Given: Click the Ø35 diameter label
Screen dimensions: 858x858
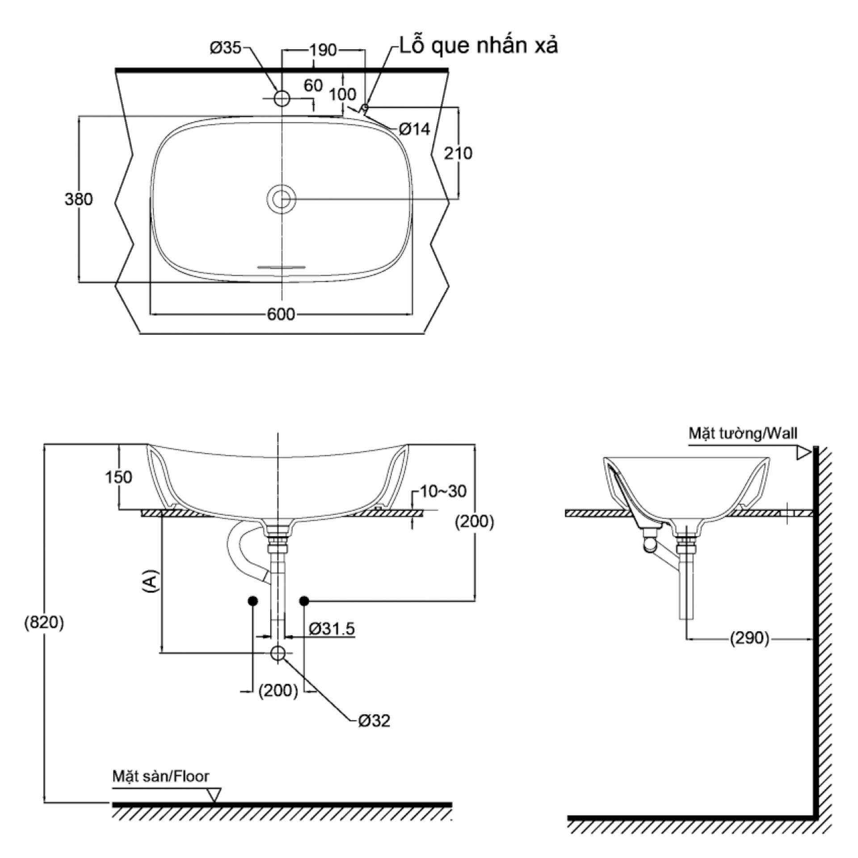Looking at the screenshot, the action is click(226, 47).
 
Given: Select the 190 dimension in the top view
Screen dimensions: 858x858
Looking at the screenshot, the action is click(323, 50).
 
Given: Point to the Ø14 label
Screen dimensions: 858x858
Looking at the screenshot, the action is click(414, 129).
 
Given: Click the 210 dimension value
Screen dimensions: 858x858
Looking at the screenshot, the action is click(458, 153).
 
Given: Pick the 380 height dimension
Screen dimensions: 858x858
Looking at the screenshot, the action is click(79, 199).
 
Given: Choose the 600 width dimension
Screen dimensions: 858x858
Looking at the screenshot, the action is click(281, 315).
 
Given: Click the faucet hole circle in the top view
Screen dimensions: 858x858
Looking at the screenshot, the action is click(282, 98).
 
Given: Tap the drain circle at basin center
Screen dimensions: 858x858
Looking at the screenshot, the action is click(282, 199).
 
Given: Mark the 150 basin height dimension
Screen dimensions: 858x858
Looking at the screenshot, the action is click(118, 477).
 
